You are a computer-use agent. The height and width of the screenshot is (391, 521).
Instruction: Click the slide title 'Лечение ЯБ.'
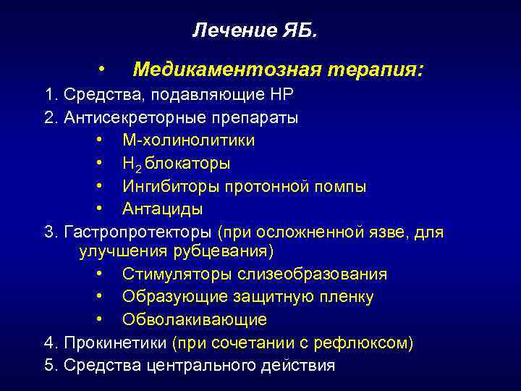(254, 30)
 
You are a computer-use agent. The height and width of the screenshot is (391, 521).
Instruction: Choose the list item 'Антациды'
(162, 209)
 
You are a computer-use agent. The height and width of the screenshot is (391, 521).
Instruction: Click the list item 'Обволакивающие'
(194, 319)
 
